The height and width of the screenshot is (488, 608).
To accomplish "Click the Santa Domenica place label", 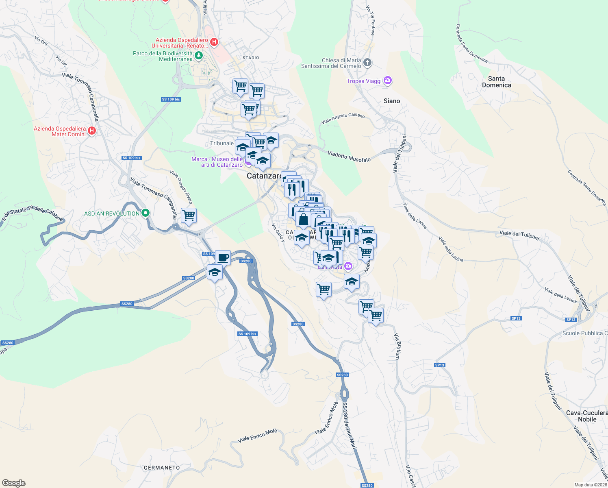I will (x=496, y=82).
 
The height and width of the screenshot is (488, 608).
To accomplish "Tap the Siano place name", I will (x=392, y=101).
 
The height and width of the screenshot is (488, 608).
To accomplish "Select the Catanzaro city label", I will (x=263, y=176).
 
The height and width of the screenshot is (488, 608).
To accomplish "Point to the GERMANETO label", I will (x=162, y=468).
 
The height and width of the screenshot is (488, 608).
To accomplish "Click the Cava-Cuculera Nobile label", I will (x=587, y=416).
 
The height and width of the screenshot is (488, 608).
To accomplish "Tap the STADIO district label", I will (x=251, y=58).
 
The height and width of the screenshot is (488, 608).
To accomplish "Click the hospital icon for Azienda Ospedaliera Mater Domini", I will (x=92, y=131).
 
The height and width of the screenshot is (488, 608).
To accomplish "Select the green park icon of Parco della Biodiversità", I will (x=199, y=55).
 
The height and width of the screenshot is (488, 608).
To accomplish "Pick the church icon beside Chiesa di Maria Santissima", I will (x=367, y=62).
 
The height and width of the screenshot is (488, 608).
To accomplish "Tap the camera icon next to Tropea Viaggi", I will (x=388, y=81).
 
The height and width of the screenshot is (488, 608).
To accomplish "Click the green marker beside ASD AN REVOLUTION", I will (x=145, y=213).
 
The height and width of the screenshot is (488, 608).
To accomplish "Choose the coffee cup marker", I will (x=223, y=257).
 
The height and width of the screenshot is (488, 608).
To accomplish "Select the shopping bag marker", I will (x=303, y=219).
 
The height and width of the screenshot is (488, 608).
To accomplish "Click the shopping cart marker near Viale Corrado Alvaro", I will (x=189, y=215).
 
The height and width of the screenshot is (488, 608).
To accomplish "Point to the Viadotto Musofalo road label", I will (x=349, y=157).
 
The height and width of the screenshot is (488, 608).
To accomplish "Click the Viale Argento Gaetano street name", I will (x=343, y=118).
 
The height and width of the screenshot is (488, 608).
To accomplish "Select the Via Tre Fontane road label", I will (x=370, y=20).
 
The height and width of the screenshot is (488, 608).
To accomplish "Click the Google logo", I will (x=14, y=483).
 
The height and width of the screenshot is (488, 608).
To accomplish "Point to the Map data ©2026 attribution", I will (x=591, y=485).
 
